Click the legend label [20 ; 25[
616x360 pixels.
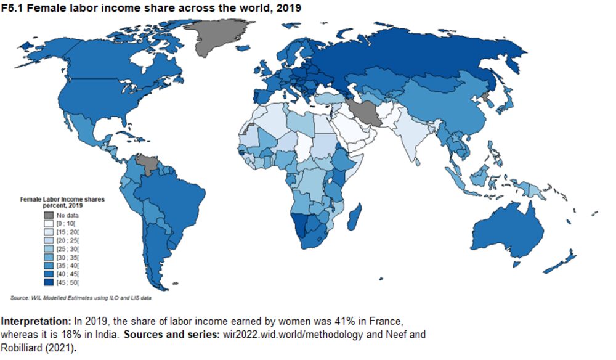tap(68, 239)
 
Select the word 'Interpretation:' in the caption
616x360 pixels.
tap(36, 322)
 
